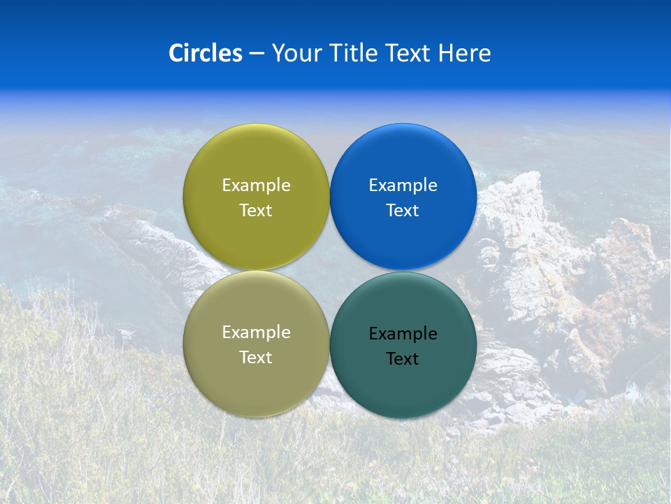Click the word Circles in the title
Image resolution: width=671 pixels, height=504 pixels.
205,53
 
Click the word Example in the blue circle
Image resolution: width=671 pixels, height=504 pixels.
403,185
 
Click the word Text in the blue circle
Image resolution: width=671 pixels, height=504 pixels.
403,211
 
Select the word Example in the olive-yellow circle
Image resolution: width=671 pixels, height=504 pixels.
256,185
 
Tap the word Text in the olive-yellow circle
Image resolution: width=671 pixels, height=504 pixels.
256,211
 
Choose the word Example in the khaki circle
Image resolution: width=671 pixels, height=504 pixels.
256,332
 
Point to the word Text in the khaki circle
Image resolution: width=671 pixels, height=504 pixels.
256,358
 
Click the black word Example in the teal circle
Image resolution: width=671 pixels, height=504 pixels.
403,334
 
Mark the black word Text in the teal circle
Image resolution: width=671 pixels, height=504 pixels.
403,359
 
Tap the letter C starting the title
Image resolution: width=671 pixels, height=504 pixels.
176,53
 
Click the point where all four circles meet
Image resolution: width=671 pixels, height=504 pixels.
330,271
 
